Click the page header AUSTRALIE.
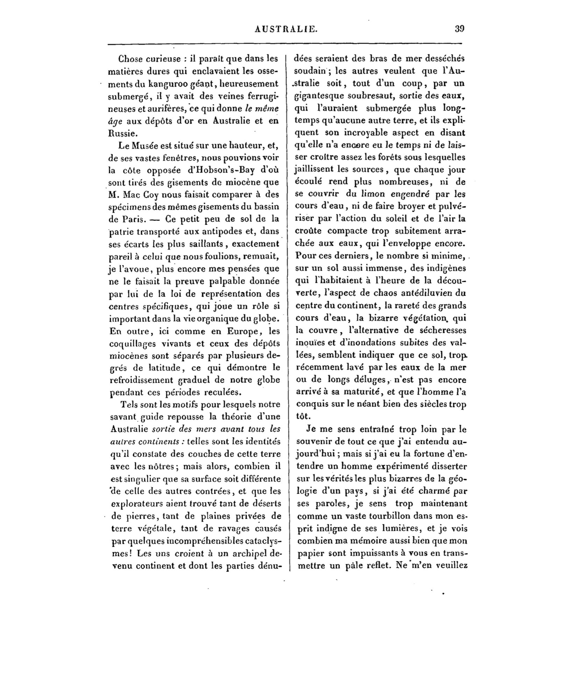click(x=286, y=29)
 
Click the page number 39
click(x=459, y=29)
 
